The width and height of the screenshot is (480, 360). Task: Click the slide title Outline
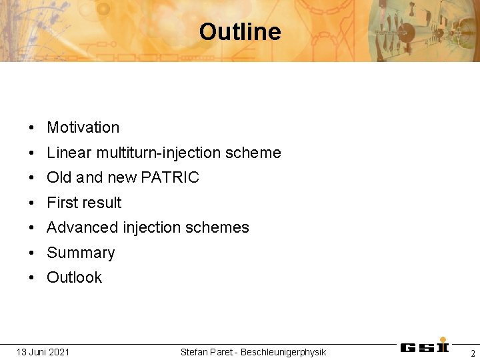[239, 32]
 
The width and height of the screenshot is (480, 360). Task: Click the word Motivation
[83, 127]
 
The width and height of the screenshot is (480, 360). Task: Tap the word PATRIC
[170, 177]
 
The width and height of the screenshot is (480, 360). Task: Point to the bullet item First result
[84, 203]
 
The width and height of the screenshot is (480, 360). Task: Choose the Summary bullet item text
[81, 253]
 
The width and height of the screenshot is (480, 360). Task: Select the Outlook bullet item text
[74, 277]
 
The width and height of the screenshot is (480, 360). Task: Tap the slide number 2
[473, 353]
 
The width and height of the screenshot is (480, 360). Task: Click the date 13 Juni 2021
[43, 352]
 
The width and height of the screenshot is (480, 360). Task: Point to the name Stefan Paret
[207, 352]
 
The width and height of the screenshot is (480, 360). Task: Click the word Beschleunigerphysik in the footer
[283, 352]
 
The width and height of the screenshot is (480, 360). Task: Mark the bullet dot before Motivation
[32, 128]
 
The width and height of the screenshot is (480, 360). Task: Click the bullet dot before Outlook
[32, 278]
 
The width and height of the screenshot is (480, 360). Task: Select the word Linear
[69, 153]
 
